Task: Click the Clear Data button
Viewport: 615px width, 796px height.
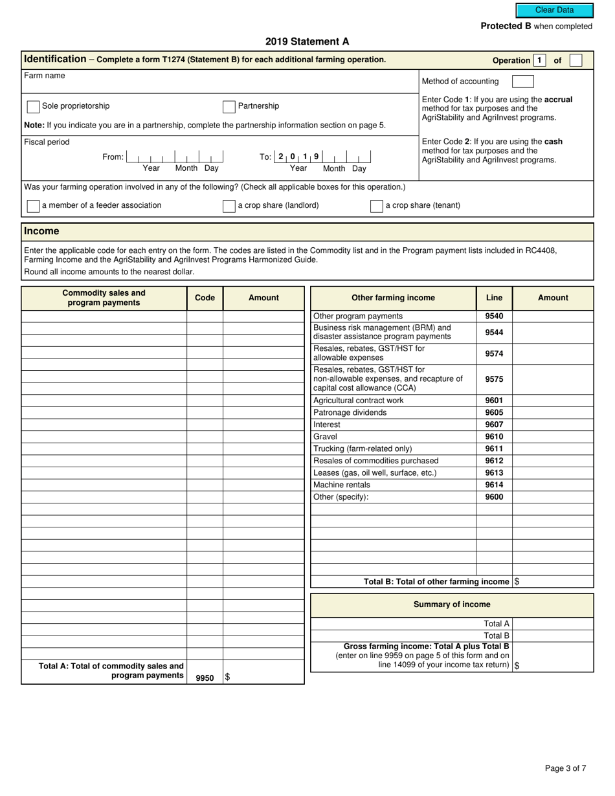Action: point(554,10)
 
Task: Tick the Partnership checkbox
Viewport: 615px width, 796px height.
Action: point(229,107)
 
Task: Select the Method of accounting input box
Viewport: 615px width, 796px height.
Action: point(522,82)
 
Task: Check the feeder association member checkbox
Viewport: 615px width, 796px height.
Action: point(33,206)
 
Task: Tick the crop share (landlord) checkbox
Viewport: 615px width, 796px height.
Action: point(229,206)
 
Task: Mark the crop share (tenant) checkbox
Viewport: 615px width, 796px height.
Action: point(376,206)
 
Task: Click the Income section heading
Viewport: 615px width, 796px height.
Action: point(41,232)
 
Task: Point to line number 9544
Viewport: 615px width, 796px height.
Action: point(494,333)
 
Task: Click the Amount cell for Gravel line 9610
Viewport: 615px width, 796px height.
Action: point(553,437)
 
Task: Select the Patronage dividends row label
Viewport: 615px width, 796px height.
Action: point(350,412)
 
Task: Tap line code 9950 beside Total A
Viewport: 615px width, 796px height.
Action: point(205,678)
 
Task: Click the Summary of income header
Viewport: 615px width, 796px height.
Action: point(452,604)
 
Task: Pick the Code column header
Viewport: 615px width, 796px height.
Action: point(205,298)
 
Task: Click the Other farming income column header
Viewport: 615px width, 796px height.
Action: point(393,298)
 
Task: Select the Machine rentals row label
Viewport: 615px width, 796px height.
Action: point(342,485)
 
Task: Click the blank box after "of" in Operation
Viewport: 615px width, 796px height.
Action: point(576,60)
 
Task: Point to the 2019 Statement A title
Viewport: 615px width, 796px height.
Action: point(307,41)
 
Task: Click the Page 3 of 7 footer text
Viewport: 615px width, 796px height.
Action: point(565,768)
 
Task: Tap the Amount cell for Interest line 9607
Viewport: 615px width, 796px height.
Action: point(553,425)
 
